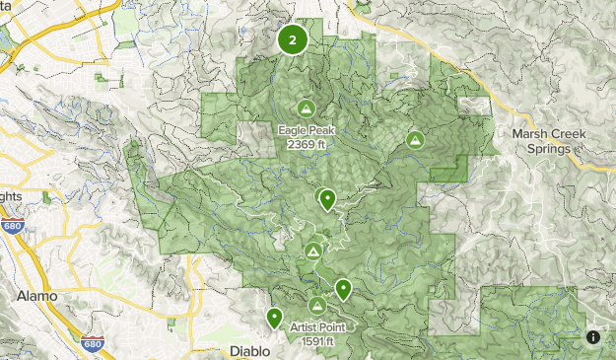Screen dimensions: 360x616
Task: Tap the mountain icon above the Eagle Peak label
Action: (306, 108)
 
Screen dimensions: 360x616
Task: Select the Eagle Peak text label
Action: (306, 128)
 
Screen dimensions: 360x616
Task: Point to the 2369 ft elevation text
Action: (306, 143)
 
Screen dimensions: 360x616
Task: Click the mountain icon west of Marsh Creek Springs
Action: (416, 140)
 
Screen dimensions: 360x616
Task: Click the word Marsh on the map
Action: (531, 134)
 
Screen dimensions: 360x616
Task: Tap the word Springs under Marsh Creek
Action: (548, 149)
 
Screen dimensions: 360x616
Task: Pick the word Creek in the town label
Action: (573, 134)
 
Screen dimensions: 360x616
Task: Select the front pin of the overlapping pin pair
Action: (327, 199)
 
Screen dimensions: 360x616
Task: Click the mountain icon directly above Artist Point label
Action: (317, 306)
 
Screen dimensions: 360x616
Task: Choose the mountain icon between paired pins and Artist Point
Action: (313, 252)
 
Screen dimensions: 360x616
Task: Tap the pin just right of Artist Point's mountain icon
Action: (343, 289)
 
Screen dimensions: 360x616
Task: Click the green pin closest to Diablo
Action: (274, 319)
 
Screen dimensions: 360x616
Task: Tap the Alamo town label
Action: (37, 296)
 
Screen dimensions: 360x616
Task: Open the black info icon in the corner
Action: (594, 337)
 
